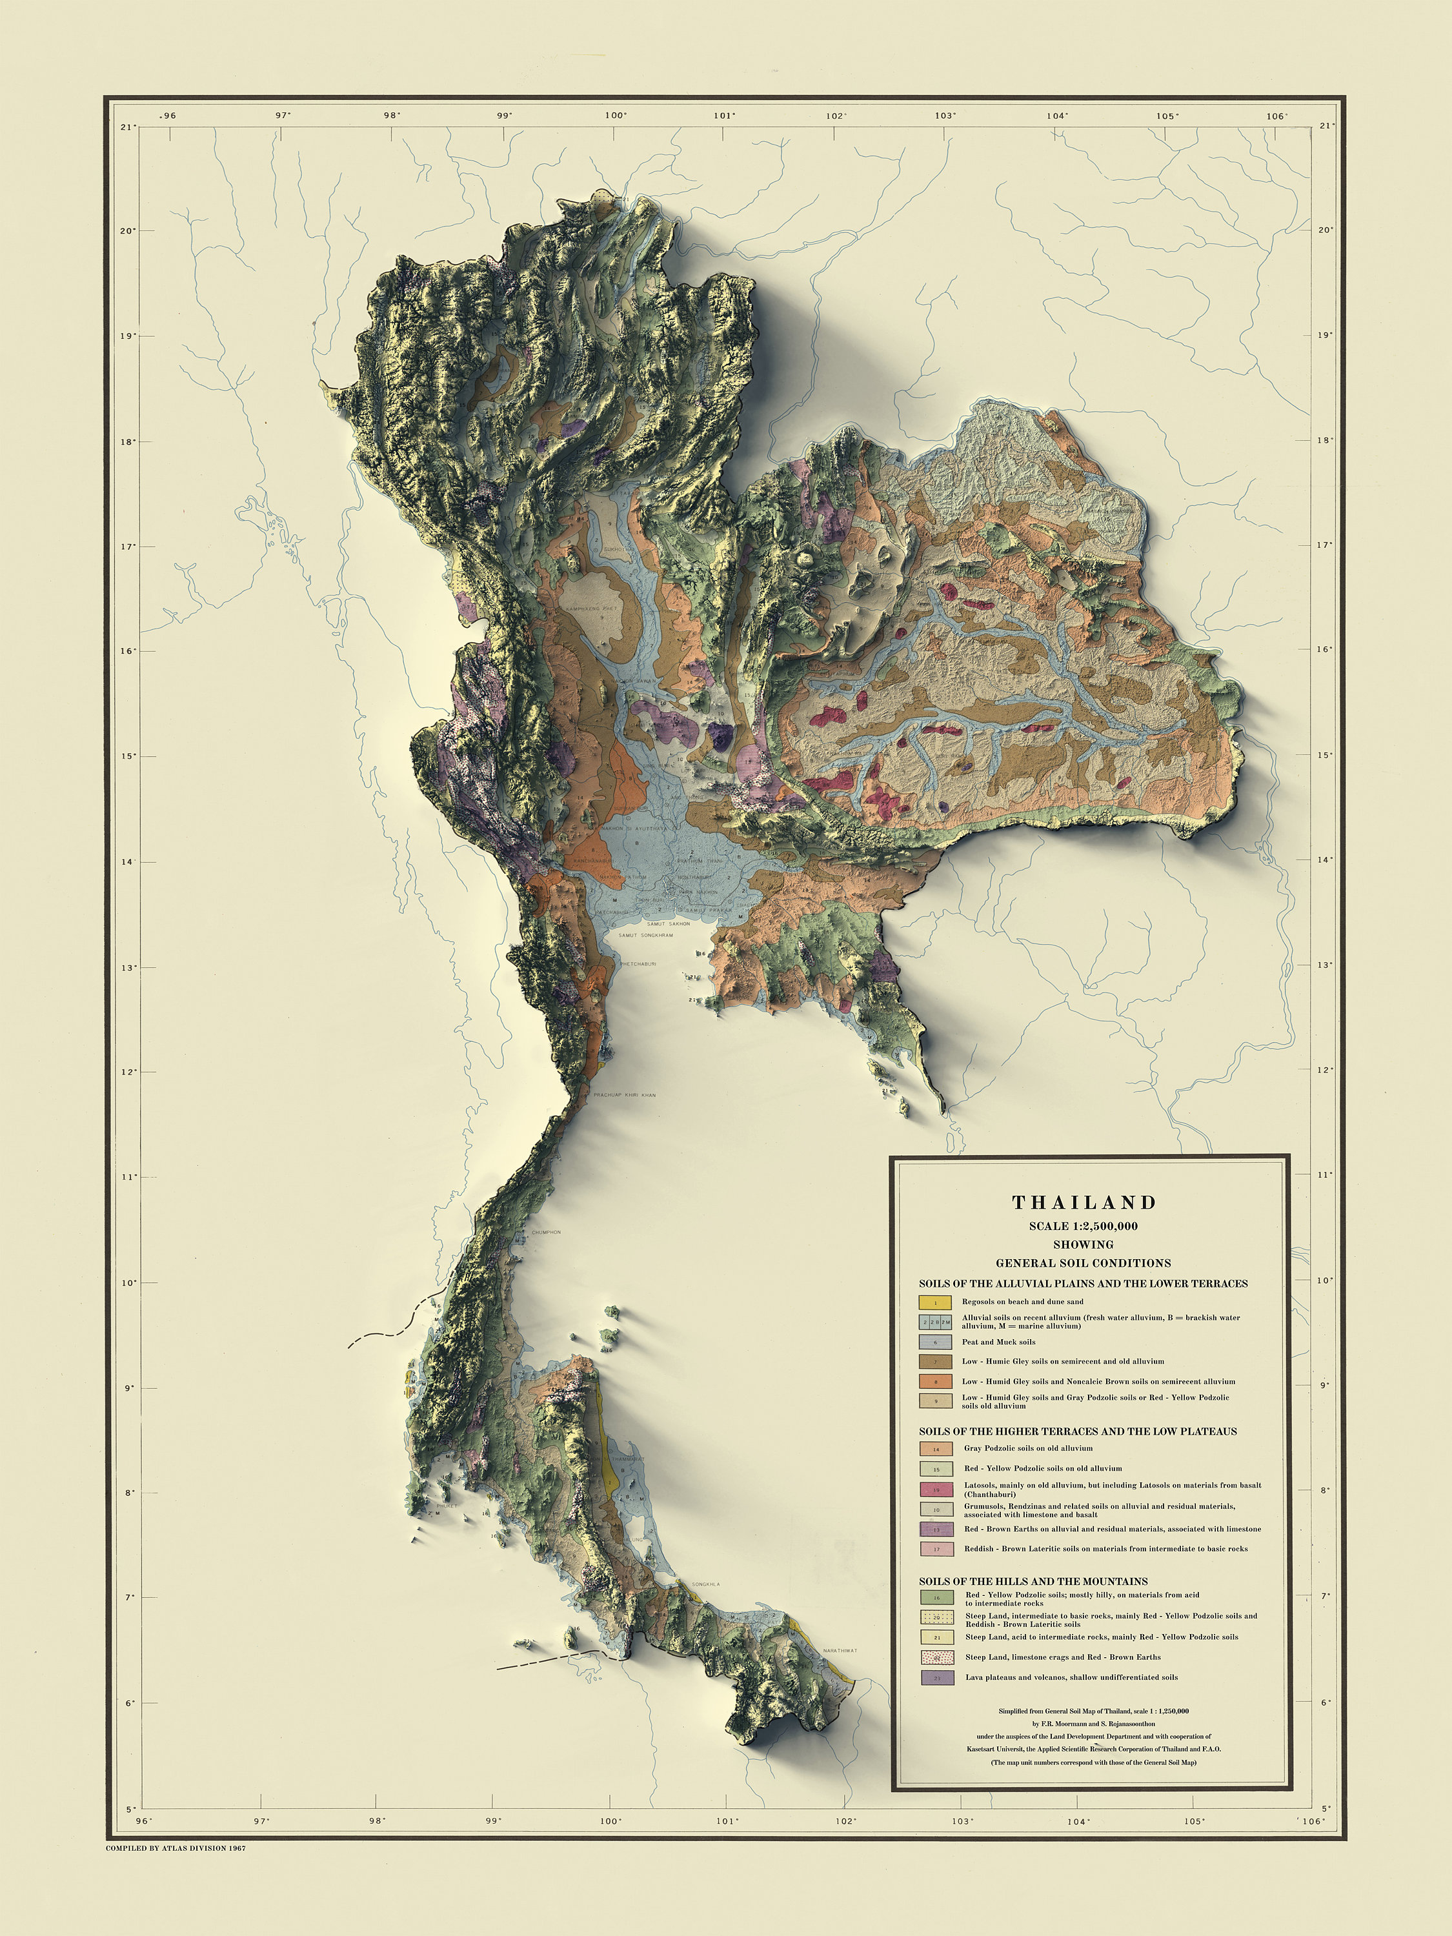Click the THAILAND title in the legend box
tap(1084, 1202)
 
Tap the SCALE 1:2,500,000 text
tap(1084, 1226)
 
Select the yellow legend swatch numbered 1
tap(934, 1302)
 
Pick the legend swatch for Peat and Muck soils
tap(934, 1342)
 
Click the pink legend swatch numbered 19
tap(936, 1489)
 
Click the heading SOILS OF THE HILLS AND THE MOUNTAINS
tap(1033, 1582)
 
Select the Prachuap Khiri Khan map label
tap(624, 1095)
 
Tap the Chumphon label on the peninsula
tap(546, 1233)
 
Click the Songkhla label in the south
tap(705, 1584)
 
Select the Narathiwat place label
tap(840, 1651)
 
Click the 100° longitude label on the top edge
tap(615, 116)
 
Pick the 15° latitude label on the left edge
tap(127, 756)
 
